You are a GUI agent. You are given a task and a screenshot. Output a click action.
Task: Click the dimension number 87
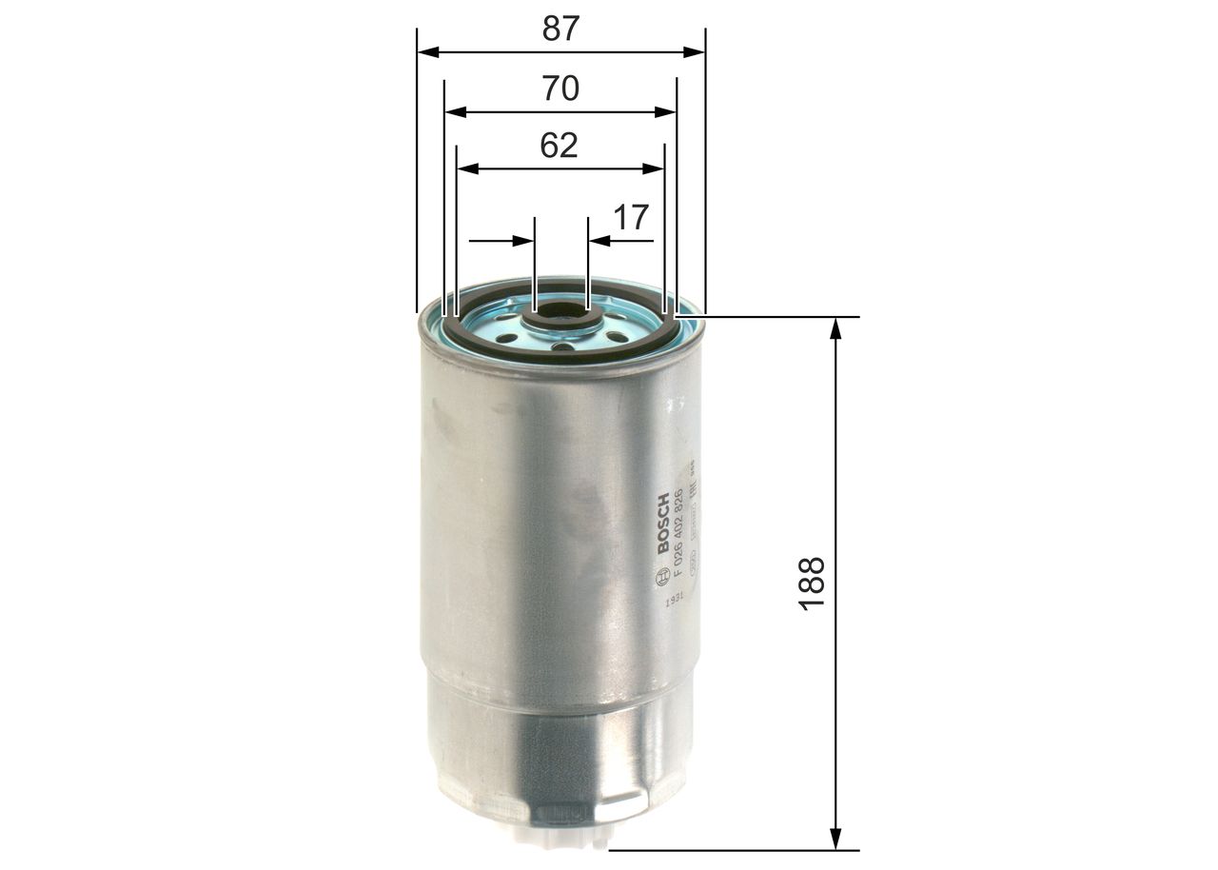[560, 29]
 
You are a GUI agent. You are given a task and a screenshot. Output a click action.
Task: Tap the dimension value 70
[560, 89]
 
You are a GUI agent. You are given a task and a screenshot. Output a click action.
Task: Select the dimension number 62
[559, 146]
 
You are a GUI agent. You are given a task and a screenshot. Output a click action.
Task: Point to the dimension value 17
[630, 217]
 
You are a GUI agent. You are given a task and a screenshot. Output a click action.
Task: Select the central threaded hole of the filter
[561, 311]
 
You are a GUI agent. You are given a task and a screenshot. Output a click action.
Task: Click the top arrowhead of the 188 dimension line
[835, 326]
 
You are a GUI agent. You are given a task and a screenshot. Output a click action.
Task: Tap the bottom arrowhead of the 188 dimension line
[835, 840]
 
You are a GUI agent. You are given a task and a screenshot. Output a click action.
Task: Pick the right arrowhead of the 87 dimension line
[696, 53]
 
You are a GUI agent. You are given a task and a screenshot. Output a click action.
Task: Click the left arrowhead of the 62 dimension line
[466, 168]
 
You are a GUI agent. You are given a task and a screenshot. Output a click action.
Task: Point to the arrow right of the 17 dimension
[599, 241]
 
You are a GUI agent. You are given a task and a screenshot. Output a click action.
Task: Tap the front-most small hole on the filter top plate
[562, 347]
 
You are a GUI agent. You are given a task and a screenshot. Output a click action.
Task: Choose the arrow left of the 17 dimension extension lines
[523, 241]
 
